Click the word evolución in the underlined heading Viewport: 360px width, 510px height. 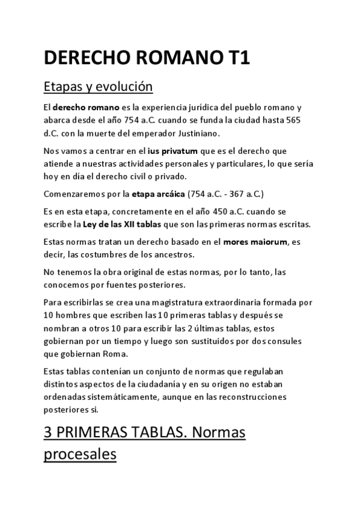(127, 87)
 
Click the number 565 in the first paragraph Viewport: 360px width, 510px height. (291, 120)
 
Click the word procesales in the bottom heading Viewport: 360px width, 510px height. (80, 455)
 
